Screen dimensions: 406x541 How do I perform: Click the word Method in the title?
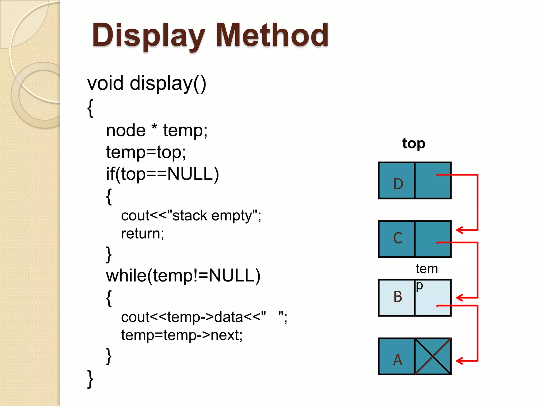272,36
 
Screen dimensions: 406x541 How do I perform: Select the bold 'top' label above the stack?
414,144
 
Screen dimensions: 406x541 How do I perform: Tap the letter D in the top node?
398,184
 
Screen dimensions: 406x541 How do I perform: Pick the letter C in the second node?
398,238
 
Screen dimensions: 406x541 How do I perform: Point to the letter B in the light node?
398,297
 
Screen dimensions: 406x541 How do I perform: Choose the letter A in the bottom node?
398,360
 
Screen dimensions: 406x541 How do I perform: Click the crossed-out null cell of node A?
433,356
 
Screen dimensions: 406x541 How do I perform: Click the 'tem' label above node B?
427,269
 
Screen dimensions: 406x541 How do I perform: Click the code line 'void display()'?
147,84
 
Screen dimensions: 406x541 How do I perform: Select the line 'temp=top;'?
146,152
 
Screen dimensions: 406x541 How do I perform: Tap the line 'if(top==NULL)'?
162,174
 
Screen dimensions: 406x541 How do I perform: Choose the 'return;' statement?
143,234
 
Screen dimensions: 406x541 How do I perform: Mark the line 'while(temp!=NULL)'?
183,276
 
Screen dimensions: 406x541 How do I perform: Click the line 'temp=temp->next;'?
182,335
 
